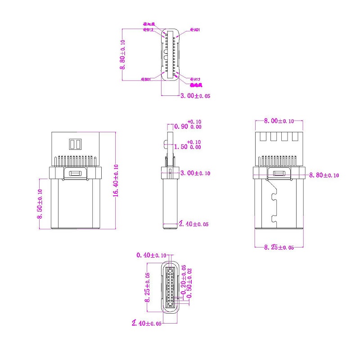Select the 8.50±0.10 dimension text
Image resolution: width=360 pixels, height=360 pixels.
pos(40,203)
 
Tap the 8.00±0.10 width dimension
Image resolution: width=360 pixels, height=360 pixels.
pos(279,121)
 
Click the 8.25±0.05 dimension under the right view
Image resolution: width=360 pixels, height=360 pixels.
pos(279,247)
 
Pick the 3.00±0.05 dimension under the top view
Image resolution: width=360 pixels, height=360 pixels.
pos(195,96)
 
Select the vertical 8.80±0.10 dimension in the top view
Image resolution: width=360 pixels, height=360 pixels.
pos(122,54)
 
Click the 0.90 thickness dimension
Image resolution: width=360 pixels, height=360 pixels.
pos(188,126)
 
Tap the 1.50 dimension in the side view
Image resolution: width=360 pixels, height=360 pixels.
pos(188,147)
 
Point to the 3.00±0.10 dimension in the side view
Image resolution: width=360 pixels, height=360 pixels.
pos(195,173)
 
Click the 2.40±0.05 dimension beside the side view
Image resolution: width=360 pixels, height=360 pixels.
pos(193,224)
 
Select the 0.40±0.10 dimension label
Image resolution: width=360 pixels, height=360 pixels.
pos(152,256)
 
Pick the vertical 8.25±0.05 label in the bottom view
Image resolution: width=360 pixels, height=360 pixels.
pos(147,288)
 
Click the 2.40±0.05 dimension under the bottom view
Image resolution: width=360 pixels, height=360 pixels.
pos(146,323)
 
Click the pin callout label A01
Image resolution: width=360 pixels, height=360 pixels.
pos(195,30)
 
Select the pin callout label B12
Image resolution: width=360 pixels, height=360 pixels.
pos(148,30)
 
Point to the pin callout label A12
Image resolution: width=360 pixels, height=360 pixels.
pos(195,79)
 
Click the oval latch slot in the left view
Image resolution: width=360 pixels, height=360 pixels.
pos(75,173)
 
